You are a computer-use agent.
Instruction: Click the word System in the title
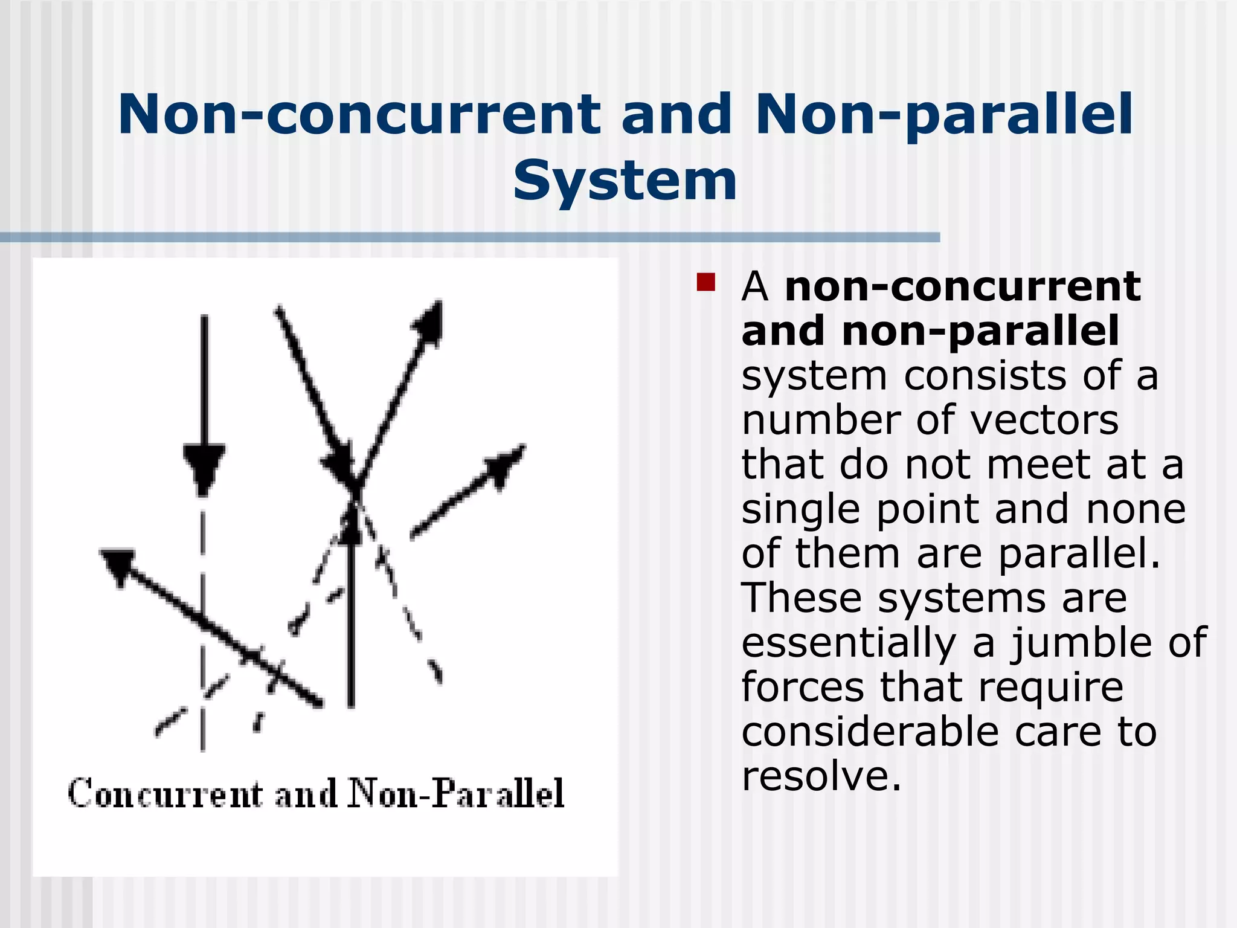pyautogui.click(x=625, y=181)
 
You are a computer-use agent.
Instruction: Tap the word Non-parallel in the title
pyautogui.click(x=944, y=115)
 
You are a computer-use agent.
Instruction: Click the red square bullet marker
pyautogui.click(x=705, y=282)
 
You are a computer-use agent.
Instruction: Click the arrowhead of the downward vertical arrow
pyautogui.click(x=204, y=468)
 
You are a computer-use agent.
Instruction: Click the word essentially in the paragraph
pyautogui.click(x=849, y=642)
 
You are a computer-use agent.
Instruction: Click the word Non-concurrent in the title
pyautogui.click(x=359, y=115)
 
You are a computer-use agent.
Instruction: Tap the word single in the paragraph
pyautogui.click(x=800, y=509)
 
